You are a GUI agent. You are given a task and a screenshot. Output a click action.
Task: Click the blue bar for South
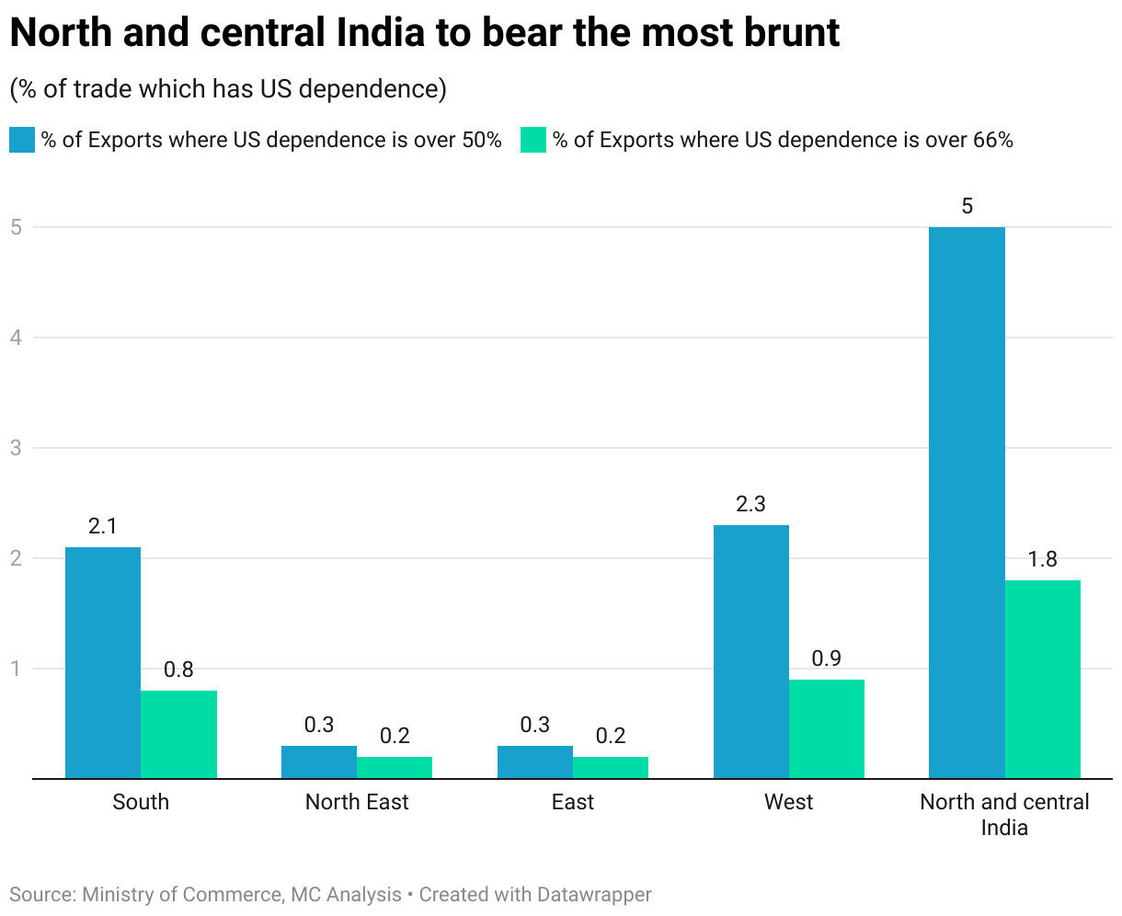pos(103,662)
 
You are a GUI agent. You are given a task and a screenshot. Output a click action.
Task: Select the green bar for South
pos(178,734)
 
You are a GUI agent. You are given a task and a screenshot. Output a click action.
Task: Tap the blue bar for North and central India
pos(967,502)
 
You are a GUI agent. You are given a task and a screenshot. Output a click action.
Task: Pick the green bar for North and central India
pos(1042,679)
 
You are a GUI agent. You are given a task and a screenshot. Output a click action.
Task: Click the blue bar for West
pos(750,651)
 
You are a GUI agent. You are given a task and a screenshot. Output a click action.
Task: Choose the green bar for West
pos(826,728)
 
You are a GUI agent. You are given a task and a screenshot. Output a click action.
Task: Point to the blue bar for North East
pos(319,761)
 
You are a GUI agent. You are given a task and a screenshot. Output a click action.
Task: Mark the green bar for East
pos(610,767)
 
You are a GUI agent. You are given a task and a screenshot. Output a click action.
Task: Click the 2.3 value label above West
pos(750,504)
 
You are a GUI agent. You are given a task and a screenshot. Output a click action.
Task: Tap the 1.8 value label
pos(1042,559)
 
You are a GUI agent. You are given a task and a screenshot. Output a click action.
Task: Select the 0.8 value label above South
pos(178,670)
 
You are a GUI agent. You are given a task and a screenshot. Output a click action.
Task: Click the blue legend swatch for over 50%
pos(22,140)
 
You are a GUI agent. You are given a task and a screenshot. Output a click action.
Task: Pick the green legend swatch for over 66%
pos(533,140)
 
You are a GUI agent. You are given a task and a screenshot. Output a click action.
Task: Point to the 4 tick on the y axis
pos(17,338)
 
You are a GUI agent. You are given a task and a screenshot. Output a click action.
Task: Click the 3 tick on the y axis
pos(17,448)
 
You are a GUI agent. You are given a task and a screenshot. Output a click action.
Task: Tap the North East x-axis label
pos(357,802)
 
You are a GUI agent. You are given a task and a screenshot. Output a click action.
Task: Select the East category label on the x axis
pos(573,802)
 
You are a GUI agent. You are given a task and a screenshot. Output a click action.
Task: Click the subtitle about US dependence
pos(228,88)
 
